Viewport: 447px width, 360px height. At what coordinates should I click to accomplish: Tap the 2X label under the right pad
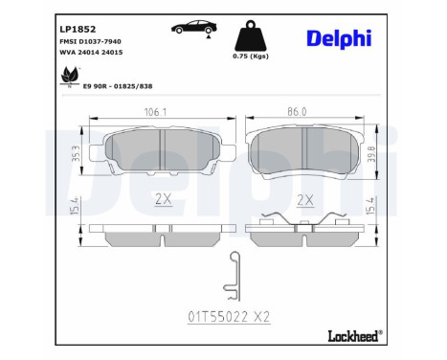coord(305,201)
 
